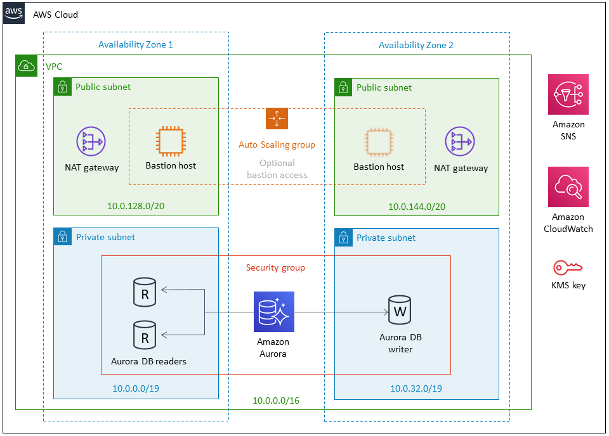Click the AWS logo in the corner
tap(13, 13)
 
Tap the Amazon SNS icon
tap(568, 94)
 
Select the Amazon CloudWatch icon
tap(568, 187)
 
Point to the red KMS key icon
tap(568, 267)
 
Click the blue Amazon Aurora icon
tap(274, 312)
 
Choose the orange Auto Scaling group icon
tap(277, 119)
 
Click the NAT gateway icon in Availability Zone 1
tap(91, 141)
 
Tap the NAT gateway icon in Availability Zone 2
tap(460, 141)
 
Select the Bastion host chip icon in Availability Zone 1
tap(171, 141)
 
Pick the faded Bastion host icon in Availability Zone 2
tap(379, 142)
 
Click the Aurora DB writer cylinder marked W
tap(400, 311)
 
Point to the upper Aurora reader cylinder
tap(145, 293)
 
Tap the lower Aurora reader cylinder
tap(145, 335)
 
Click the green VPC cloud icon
tap(27, 65)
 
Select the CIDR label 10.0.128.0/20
tap(136, 206)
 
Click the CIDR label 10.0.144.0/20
tap(417, 207)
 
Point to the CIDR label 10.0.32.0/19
tap(416, 388)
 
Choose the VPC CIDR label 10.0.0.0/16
tap(276, 401)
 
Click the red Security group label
tap(275, 268)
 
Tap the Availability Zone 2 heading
tap(416, 46)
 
